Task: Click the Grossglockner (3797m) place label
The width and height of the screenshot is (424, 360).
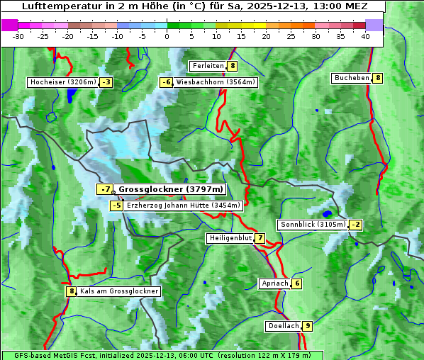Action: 171,189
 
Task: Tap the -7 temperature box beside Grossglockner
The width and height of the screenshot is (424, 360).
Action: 105,189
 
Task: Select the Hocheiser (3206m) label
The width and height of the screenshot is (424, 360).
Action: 62,82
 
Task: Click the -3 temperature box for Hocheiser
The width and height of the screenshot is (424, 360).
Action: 106,82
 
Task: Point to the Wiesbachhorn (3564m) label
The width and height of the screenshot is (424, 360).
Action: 216,82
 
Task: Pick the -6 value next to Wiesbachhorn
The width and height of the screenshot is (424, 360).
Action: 166,82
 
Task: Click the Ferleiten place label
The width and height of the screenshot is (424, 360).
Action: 208,66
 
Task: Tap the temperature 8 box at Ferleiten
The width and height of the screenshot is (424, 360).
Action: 233,66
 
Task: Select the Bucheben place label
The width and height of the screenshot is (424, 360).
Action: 352,77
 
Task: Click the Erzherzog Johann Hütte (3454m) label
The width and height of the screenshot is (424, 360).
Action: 184,206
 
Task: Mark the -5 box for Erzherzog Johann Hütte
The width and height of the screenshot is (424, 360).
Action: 117,206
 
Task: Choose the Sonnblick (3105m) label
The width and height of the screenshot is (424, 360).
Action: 313,225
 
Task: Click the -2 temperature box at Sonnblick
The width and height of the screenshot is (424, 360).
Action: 355,225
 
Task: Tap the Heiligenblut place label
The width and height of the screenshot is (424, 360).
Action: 230,238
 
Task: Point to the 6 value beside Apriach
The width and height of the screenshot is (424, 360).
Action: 296,283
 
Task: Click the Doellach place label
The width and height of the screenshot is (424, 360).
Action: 284,326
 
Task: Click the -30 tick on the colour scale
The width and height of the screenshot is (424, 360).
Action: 18,35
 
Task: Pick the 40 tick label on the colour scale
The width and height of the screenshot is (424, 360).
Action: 365,35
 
